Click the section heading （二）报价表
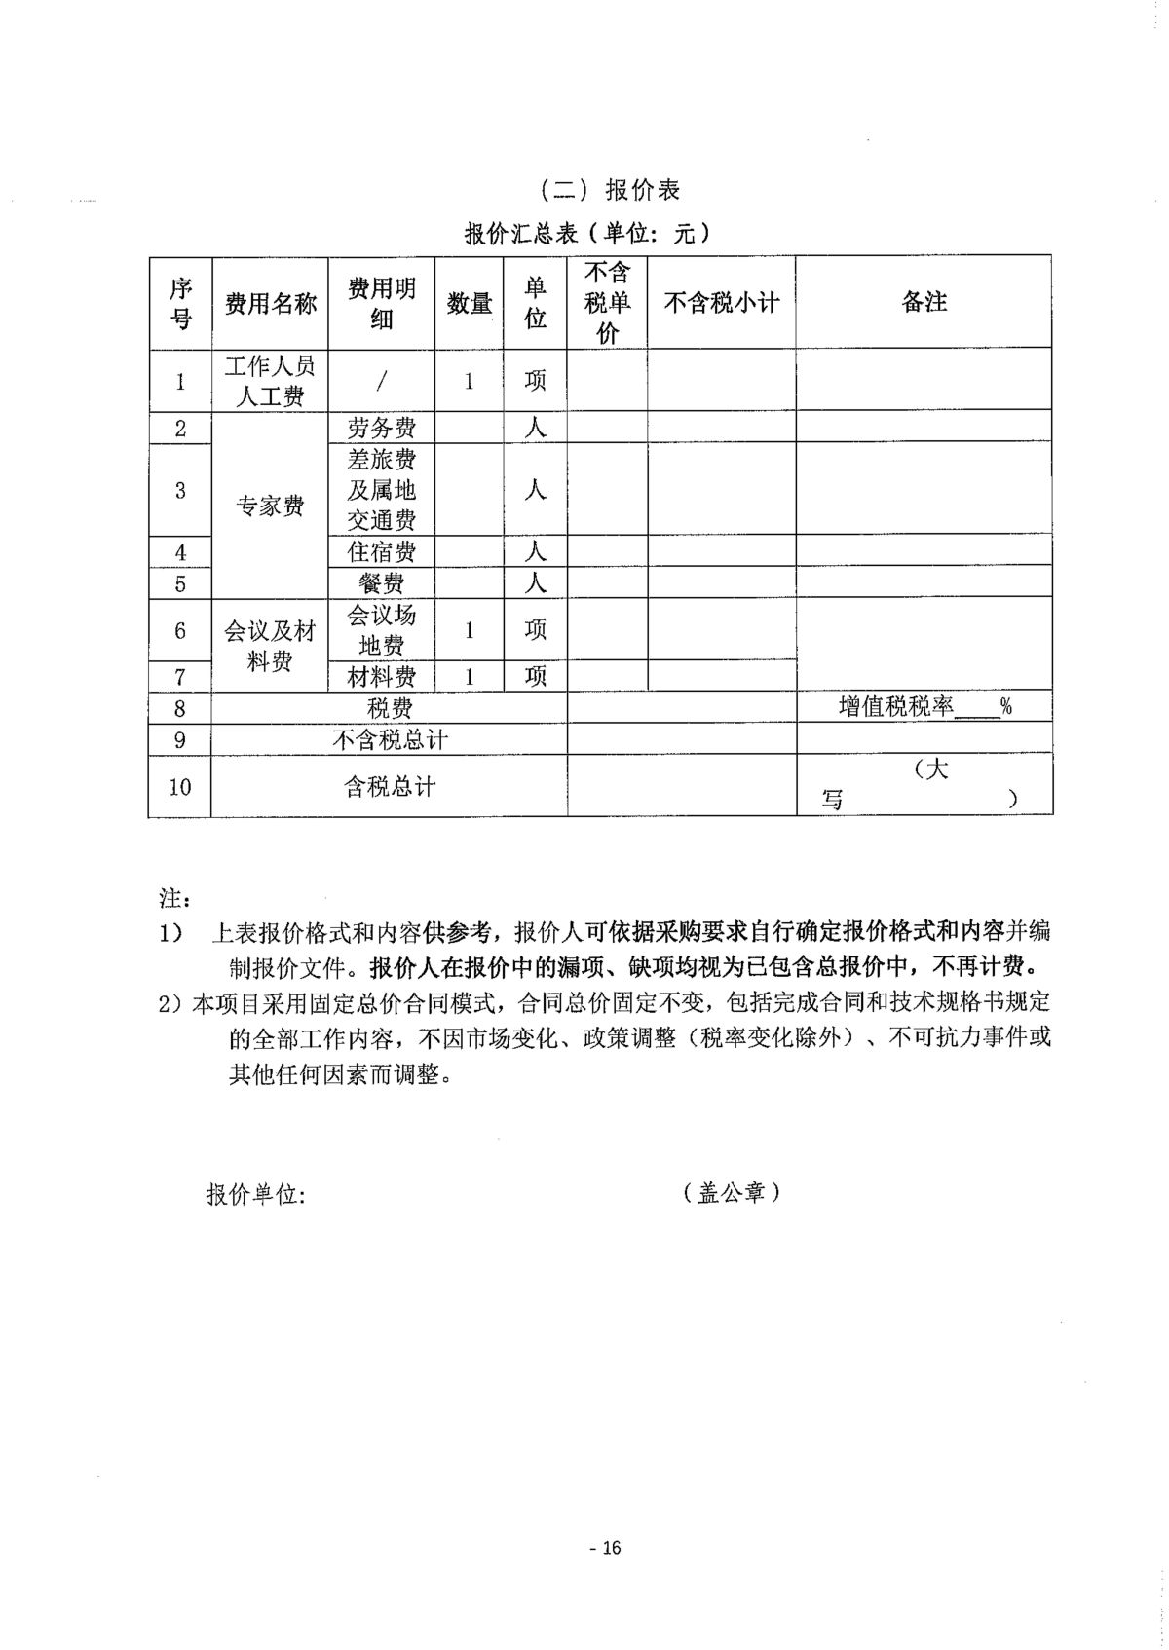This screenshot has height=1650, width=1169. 610,189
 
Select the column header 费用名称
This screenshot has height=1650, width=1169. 270,303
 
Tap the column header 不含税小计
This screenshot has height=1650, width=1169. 721,303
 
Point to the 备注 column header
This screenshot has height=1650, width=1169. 924,303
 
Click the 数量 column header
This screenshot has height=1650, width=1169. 469,303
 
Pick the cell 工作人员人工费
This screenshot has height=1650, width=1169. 270,380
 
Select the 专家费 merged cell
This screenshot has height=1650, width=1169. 270,506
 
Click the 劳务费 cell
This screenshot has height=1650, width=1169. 381,428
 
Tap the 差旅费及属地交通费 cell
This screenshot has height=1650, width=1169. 381,490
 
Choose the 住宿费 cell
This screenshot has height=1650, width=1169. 381,552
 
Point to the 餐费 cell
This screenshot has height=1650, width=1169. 381,583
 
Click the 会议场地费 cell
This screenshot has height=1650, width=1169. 381,629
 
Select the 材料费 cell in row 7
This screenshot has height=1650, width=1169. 381,676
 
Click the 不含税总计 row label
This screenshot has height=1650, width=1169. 390,739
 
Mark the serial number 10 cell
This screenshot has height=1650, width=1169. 180,786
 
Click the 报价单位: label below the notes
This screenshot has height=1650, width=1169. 256,1195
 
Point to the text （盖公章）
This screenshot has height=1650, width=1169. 732,1192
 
